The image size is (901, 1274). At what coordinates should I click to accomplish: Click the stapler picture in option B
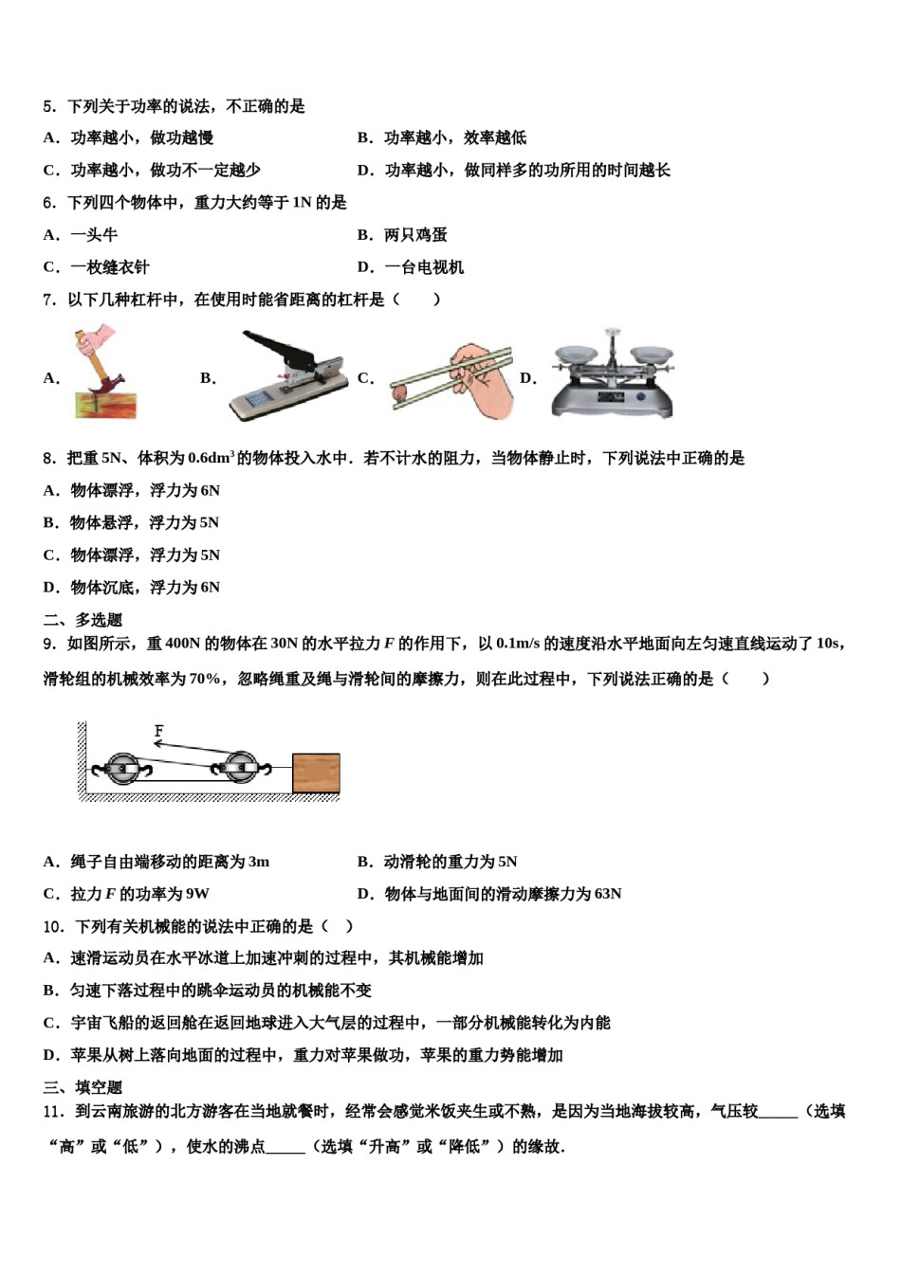(285, 376)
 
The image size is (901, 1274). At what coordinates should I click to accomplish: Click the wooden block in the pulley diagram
(316, 773)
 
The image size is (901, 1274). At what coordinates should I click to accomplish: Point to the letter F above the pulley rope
(158, 731)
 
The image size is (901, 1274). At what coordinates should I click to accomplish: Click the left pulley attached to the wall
(121, 768)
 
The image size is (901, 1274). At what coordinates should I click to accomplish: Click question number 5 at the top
(49, 106)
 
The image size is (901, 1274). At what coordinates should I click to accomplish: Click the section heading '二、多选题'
(83, 620)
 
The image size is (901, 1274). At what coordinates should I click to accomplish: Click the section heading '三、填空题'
(83, 1087)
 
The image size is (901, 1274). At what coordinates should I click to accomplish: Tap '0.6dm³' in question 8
(210, 458)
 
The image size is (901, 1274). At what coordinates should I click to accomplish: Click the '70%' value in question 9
(204, 679)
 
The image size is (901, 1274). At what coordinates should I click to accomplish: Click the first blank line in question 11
(778, 1113)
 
